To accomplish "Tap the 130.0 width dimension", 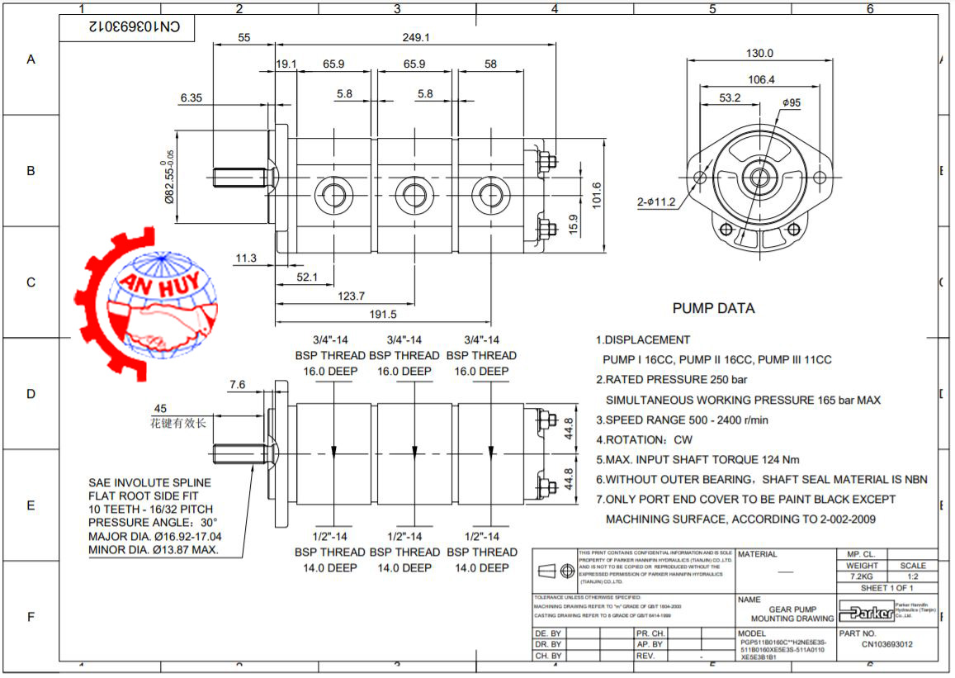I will coord(759,54).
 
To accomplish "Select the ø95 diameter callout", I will coord(792,102).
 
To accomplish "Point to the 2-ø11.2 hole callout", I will coord(656,202).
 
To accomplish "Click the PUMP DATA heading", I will coord(713,309).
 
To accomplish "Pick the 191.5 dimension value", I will coord(383,314).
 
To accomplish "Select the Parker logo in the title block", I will coord(867,612).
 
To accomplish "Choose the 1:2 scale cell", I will coord(913,576).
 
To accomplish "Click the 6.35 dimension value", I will coord(191,97).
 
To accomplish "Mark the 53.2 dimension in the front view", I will coord(730,97).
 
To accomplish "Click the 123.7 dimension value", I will coord(351,296).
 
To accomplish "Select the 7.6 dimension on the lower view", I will coord(237,385).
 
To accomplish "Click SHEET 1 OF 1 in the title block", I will coord(886,588).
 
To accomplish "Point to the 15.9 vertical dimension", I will coord(574,224).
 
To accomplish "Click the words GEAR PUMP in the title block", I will coord(781,609).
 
